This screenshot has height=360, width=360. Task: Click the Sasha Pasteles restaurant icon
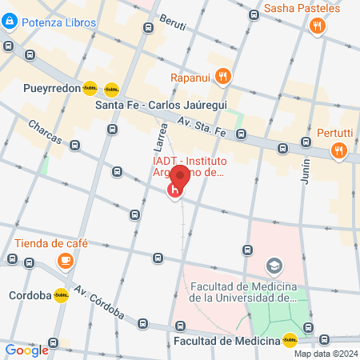318,26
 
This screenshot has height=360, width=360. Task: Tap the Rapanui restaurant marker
223,78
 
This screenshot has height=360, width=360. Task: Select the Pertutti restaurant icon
340,150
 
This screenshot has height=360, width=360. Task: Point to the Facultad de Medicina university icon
274,265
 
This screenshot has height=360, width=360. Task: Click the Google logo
26,349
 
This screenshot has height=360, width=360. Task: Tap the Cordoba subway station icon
62,294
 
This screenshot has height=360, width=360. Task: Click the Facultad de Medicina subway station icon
289,340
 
